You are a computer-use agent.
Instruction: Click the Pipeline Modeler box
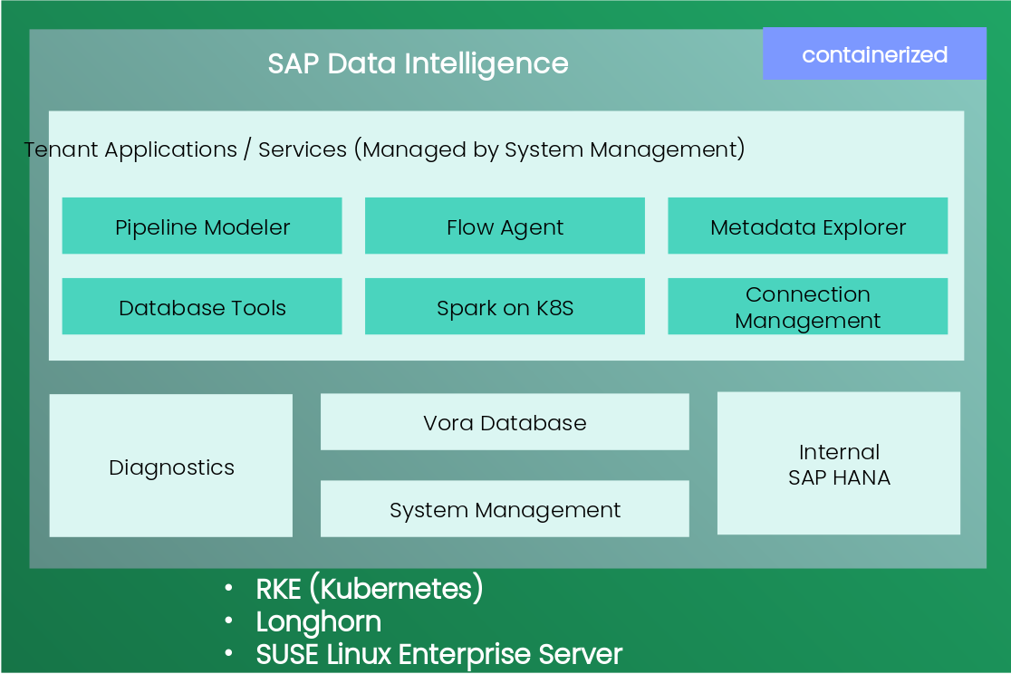pyautogui.click(x=202, y=226)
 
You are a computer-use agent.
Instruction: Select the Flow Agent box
pyautogui.click(x=505, y=226)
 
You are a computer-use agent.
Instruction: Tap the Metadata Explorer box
pyautogui.click(x=807, y=226)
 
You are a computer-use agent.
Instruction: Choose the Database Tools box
pyautogui.click(x=202, y=307)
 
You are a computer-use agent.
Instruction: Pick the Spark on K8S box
pyautogui.click(x=505, y=307)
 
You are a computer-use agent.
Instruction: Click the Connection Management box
pyautogui.click(x=807, y=307)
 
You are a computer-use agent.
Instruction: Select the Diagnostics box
pyautogui.click(x=171, y=467)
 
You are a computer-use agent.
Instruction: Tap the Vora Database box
pyautogui.click(x=505, y=422)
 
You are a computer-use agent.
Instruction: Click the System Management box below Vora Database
pyautogui.click(x=505, y=509)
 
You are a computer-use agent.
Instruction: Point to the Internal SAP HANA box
pyautogui.click(x=839, y=464)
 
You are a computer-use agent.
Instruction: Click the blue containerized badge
pyautogui.click(x=874, y=54)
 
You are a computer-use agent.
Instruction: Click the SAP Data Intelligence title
pyautogui.click(x=418, y=63)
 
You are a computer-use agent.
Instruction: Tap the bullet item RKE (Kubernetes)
pyautogui.click(x=370, y=589)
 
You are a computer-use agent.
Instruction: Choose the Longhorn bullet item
pyautogui.click(x=318, y=622)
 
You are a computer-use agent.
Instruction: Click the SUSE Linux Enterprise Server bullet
pyautogui.click(x=439, y=654)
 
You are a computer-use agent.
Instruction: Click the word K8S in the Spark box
pyautogui.click(x=554, y=308)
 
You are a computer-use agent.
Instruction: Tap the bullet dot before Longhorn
pyautogui.click(x=230, y=622)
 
